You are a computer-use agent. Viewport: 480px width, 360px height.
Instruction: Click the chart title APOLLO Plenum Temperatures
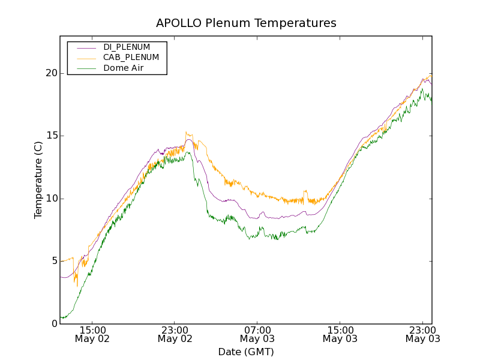246,23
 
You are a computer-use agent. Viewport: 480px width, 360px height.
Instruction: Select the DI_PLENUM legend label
127,47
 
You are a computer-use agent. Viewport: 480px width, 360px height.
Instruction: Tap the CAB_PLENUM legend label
131,58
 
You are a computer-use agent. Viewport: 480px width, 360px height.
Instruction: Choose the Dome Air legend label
123,68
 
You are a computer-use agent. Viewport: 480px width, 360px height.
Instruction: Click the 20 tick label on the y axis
52,73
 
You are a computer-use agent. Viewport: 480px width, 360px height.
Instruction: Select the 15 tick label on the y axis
52,136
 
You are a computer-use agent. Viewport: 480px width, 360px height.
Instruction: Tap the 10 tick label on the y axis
52,199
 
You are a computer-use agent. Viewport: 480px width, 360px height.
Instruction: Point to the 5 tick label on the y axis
55,261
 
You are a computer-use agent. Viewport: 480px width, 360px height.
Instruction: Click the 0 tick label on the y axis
55,324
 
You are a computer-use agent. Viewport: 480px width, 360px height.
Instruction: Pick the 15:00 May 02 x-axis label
92,334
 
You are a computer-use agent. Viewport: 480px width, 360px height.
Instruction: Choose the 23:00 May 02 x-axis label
175,334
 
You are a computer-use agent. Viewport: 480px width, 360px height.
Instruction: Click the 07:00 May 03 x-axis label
257,334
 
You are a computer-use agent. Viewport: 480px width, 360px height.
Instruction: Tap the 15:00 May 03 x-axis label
340,334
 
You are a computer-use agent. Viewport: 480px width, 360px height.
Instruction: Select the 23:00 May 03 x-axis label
422,334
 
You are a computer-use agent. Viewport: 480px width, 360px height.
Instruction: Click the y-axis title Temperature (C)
38,180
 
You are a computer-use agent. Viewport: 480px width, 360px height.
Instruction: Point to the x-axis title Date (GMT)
246,352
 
